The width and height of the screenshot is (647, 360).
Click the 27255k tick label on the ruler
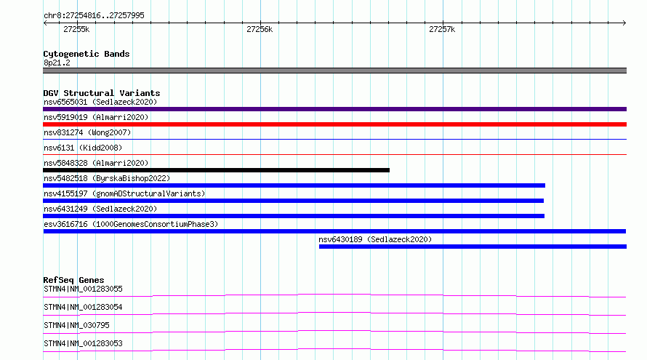(x=76, y=29)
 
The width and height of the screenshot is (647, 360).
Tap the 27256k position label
(x=260, y=29)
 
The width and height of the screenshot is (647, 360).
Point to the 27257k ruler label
(x=442, y=29)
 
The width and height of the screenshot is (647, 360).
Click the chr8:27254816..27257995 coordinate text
(x=94, y=15)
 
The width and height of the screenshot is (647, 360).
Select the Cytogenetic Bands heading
(x=87, y=54)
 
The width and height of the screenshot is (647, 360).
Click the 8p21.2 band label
(x=57, y=63)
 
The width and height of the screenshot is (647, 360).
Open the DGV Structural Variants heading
(x=102, y=93)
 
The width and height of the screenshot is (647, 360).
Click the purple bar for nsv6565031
(x=334, y=109)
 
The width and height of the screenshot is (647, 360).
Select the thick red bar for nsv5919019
(x=334, y=124)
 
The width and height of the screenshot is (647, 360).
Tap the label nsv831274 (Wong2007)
(x=87, y=132)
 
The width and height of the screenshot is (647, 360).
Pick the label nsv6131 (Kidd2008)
(x=83, y=148)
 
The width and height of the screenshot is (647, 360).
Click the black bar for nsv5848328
(x=216, y=170)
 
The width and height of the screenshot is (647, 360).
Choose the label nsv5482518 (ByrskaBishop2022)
(x=107, y=178)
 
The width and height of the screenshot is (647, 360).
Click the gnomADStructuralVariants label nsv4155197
(x=124, y=193)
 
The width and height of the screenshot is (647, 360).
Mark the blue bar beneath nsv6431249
(x=294, y=216)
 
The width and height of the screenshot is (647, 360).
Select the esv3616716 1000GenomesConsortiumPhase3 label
(x=131, y=224)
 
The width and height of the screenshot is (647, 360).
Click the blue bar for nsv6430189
(x=473, y=247)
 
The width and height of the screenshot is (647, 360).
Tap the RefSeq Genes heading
(x=73, y=280)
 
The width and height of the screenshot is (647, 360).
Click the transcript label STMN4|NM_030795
(x=76, y=325)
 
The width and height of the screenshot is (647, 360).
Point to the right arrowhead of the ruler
(x=624, y=23)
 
